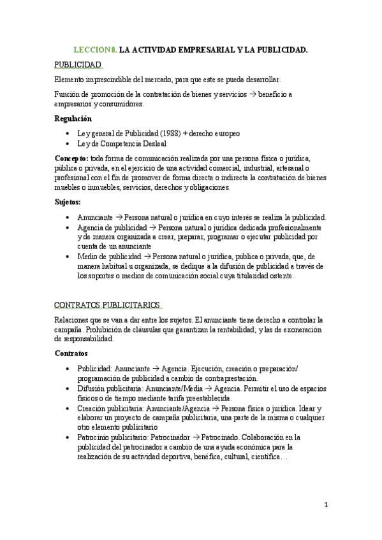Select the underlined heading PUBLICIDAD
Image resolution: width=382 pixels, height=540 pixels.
(78, 65)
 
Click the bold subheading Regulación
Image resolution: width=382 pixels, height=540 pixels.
(73, 118)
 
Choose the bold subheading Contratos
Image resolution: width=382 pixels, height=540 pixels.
(71, 353)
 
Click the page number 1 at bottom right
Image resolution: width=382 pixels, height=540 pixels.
(327, 505)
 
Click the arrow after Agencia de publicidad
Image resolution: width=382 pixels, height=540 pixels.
(152, 227)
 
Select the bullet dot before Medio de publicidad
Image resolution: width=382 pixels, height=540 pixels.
(68, 257)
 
